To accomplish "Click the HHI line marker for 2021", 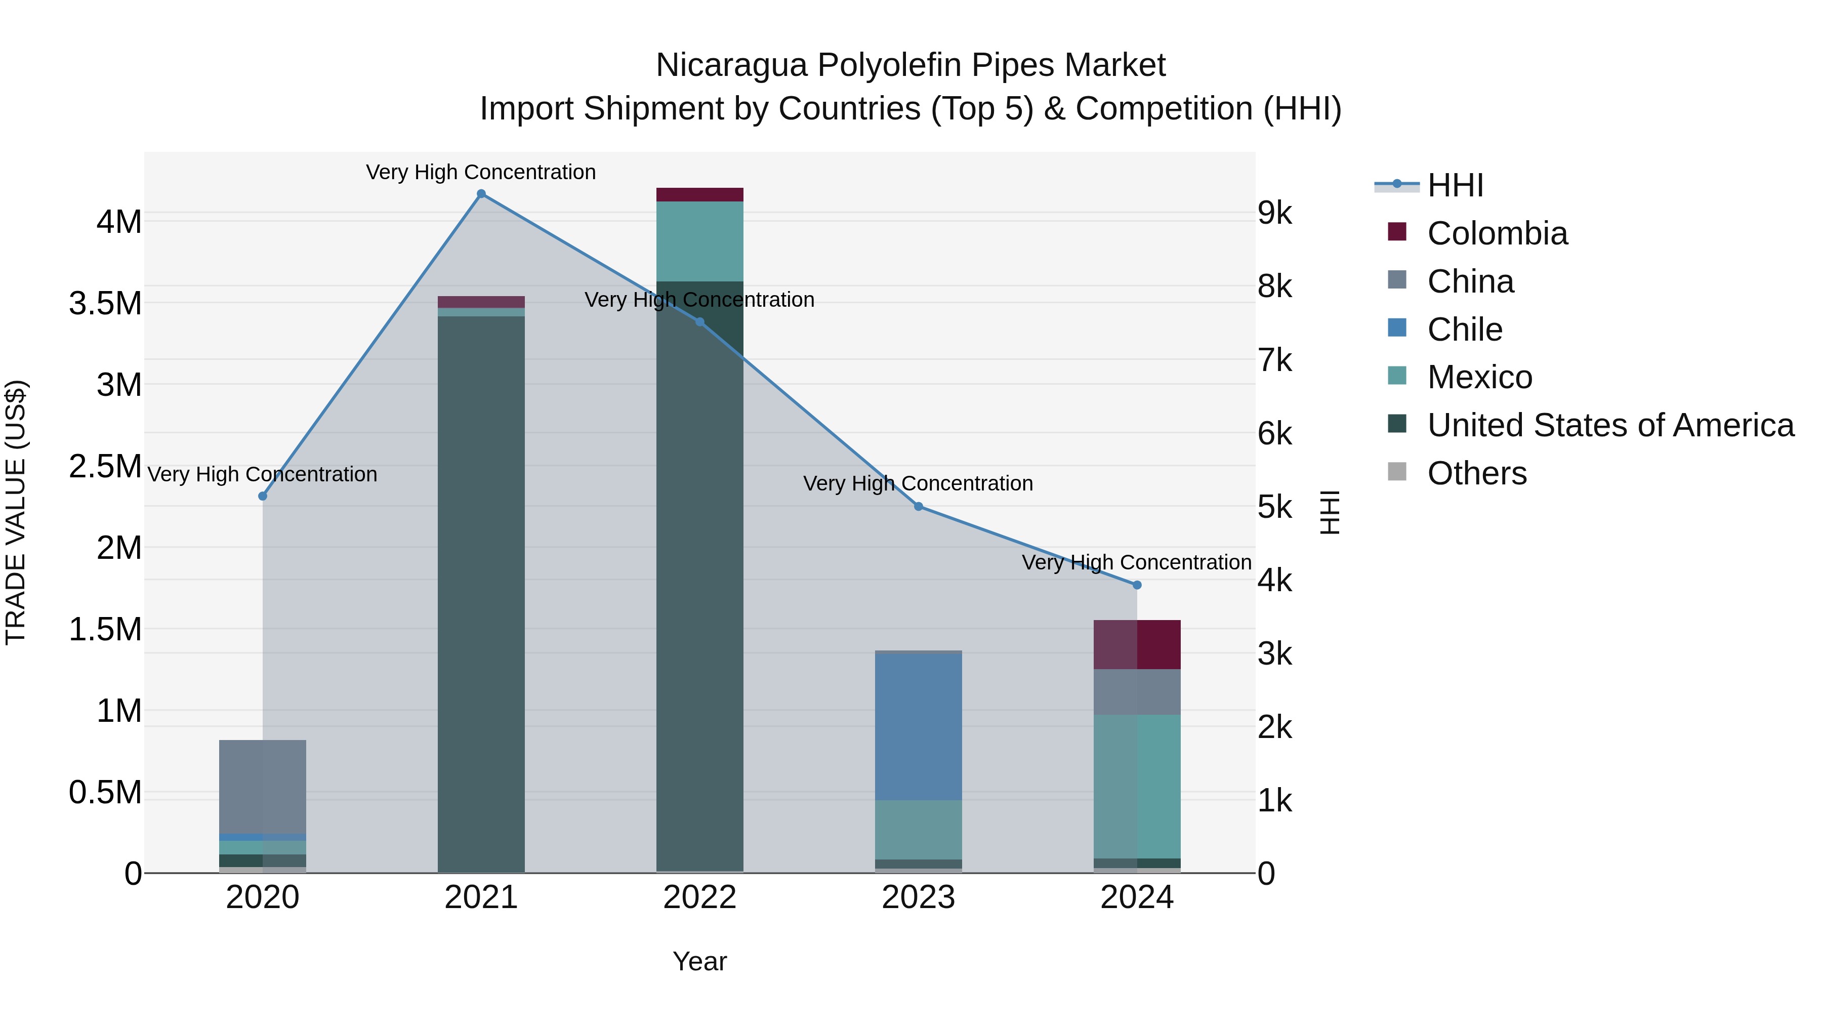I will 481,194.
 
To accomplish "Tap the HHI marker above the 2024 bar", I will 1137,585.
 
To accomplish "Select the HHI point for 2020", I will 262,496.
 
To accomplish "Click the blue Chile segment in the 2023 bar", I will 918,727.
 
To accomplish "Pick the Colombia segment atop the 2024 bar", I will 1137,644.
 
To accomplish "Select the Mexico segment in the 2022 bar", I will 699,241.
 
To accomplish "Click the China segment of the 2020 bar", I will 262,787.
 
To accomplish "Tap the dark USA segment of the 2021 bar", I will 481,594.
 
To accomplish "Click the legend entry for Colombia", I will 1496,233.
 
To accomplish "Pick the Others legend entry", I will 1476,473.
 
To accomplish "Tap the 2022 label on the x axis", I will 699,897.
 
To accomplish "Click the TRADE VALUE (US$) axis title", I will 16,512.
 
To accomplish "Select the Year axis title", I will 699,961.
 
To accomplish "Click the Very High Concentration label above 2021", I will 481,172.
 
